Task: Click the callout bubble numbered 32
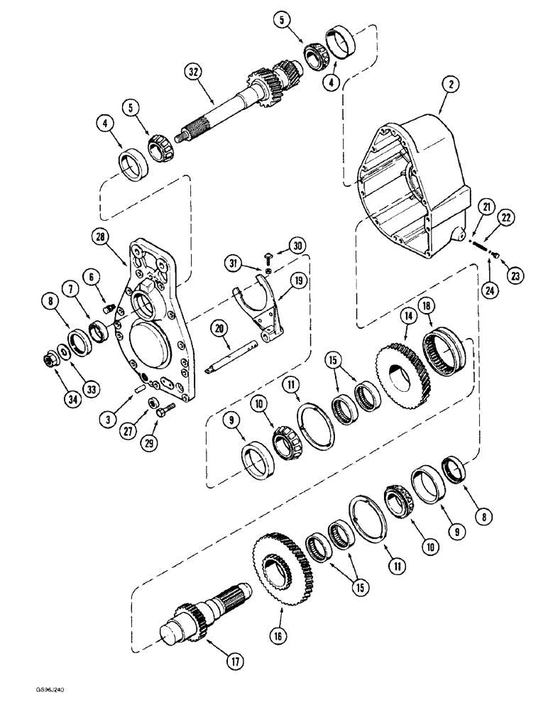coord(192,70)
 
